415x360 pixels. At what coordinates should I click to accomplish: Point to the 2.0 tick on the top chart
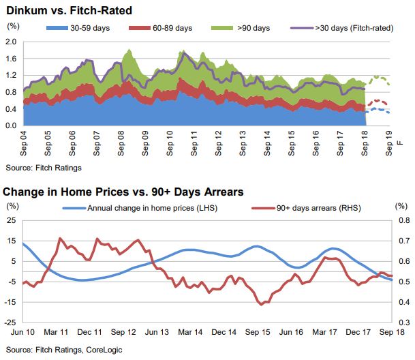coord(11,41)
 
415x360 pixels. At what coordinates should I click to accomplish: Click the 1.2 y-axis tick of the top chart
coord(11,75)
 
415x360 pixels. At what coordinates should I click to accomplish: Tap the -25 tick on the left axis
coord(12,322)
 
